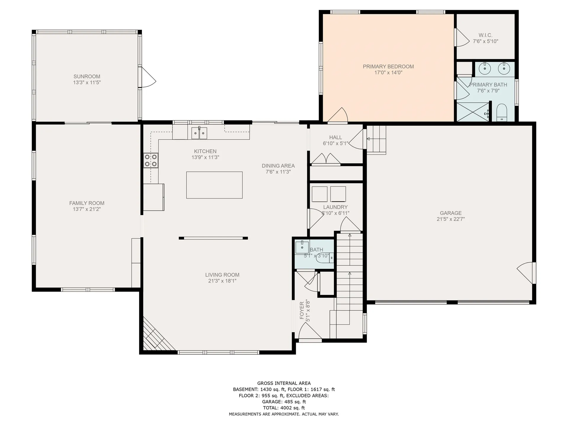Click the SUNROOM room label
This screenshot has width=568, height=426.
coord(87,76)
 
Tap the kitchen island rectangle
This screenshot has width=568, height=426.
coord(214,185)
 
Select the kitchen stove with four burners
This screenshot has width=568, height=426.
coord(151,160)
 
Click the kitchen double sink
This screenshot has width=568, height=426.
coord(199,133)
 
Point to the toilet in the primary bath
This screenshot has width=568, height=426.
coord(501,113)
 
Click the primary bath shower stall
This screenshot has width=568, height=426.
coord(473,112)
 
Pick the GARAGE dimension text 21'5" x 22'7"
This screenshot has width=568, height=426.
coord(451,219)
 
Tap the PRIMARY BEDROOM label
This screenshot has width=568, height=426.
coord(388,67)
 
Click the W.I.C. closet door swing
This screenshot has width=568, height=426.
coord(462,37)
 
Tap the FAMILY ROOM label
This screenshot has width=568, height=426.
coord(87,203)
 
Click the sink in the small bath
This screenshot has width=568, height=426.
coord(302,247)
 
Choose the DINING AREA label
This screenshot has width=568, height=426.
coord(278,166)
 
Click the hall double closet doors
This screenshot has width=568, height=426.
coord(326,159)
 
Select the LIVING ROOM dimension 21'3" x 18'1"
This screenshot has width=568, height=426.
coord(222,281)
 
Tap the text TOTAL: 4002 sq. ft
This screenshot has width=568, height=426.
coord(284,408)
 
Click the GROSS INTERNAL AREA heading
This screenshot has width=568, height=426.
coord(284,383)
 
